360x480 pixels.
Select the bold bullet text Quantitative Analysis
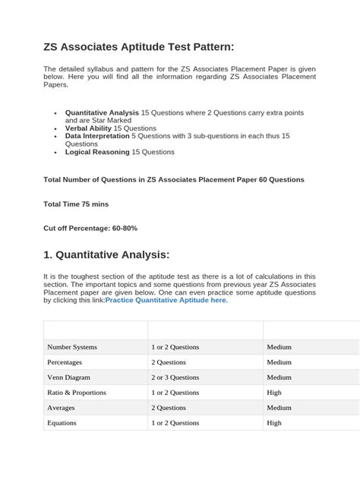[102, 112]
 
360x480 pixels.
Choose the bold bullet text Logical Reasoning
[98, 152]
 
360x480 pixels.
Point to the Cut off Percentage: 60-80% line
[90, 228]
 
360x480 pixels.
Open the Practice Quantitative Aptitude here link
[166, 300]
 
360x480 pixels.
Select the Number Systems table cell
[72, 347]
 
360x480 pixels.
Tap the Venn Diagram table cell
[70, 377]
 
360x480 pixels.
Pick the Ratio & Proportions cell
[77, 393]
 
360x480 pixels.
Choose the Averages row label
[62, 408]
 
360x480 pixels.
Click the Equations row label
[62, 423]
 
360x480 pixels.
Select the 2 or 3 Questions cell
[175, 377]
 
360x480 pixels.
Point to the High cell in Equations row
[274, 423]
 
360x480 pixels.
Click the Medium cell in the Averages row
[279, 408]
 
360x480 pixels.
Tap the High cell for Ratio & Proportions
[274, 393]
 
